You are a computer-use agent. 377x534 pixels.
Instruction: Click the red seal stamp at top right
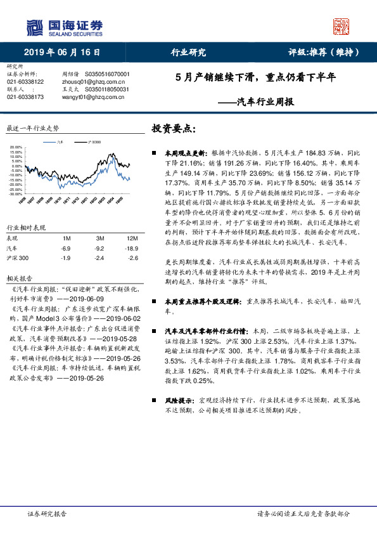(x=342, y=26)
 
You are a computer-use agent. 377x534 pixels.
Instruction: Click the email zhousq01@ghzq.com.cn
(x=93, y=82)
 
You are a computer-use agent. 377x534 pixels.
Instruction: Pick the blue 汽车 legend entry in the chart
(x=58, y=143)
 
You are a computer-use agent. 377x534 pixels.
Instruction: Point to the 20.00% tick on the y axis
(x=16, y=148)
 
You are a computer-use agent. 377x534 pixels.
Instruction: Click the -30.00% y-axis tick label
(x=16, y=194)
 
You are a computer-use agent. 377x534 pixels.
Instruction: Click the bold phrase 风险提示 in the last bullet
(x=179, y=400)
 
